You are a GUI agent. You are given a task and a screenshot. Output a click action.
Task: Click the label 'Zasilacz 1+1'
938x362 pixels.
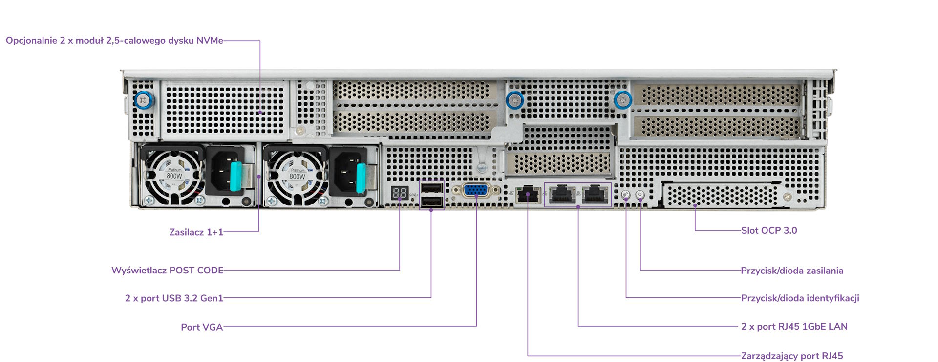tap(196, 232)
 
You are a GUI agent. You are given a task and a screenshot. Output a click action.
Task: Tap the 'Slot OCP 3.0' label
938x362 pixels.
tap(769, 230)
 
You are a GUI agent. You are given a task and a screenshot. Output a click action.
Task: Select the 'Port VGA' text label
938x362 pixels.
tap(202, 327)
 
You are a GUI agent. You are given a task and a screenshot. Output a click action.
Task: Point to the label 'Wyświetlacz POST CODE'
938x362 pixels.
tap(168, 271)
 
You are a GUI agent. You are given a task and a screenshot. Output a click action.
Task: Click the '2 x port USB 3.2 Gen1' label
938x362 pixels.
tap(174, 298)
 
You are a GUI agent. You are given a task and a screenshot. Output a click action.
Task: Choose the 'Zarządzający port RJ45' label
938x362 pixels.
tap(792, 356)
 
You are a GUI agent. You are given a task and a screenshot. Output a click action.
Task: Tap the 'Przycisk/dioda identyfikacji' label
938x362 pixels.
tap(800, 298)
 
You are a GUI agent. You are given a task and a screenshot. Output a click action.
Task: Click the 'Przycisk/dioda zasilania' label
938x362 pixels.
tap(792, 271)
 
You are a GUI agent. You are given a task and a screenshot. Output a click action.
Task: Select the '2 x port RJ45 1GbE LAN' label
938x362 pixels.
tap(794, 326)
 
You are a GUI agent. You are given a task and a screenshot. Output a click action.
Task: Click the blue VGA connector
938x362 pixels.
tap(476, 191)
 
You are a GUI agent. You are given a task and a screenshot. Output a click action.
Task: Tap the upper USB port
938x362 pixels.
tap(432, 188)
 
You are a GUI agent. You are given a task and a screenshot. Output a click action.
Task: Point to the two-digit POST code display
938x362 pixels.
tap(400, 193)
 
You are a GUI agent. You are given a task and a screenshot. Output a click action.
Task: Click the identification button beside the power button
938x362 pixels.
tap(626, 194)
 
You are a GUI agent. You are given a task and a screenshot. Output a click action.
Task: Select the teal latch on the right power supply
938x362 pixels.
tap(361, 178)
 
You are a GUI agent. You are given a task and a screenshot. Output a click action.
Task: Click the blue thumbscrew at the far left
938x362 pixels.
tap(144, 101)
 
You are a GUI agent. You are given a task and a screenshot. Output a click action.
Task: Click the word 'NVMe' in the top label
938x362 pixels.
tap(210, 40)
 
